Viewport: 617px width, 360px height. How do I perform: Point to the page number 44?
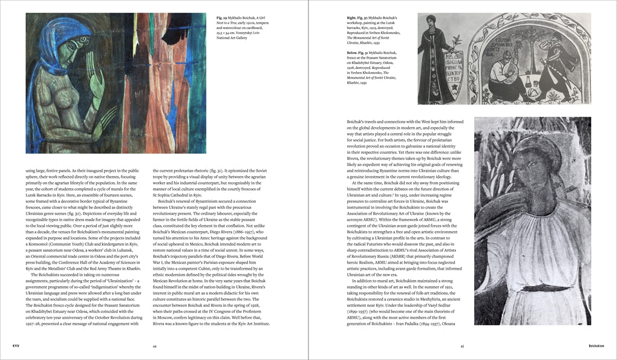154,346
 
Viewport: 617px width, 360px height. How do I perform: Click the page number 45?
462,346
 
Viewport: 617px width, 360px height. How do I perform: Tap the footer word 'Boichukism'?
600,346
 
